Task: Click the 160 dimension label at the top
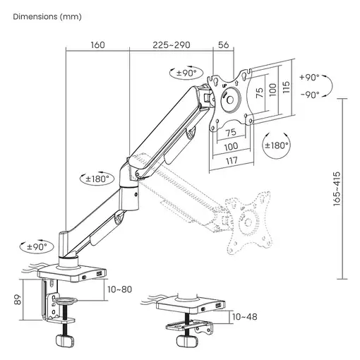coord(97,44)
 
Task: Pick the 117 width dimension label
coord(232,162)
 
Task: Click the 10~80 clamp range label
coord(121,289)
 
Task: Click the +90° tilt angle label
coord(308,77)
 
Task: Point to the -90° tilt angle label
coord(308,94)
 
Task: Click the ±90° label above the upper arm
coord(188,72)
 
